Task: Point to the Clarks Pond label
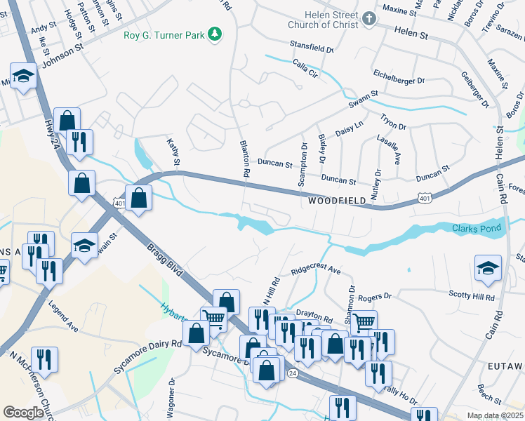477,228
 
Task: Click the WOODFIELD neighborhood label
338,201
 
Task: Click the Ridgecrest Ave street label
316,269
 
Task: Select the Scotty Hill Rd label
472,296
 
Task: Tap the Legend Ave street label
62,316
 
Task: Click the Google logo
24,412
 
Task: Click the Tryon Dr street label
393,123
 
